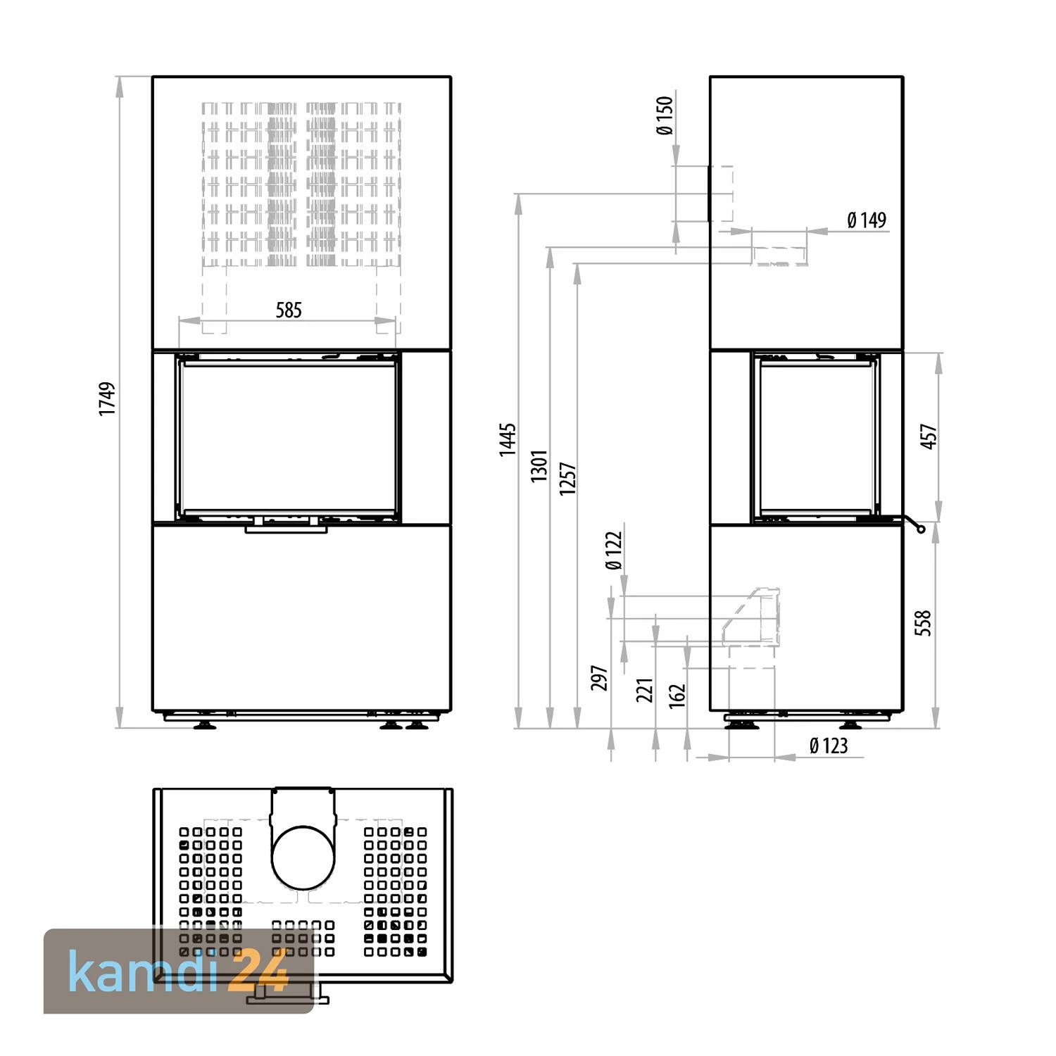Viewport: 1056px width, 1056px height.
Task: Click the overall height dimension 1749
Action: pos(107,398)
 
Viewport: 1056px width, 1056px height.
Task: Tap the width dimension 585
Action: pos(289,310)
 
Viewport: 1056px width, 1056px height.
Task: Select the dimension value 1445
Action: pos(508,440)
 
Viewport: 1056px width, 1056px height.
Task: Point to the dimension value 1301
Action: pos(539,465)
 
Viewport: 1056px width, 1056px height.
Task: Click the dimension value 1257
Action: pos(568,478)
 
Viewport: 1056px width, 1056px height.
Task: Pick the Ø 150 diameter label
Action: pos(665,115)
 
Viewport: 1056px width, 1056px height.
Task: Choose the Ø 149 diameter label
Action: pos(867,220)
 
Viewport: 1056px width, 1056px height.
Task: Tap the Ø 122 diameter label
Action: pos(614,551)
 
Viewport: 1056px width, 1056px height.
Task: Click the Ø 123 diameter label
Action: pos(829,746)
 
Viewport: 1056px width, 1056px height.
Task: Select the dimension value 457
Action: pos(929,436)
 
